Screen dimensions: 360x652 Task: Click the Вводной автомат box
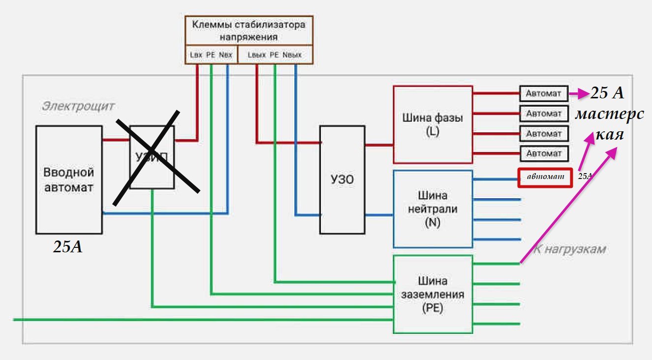coord(69,180)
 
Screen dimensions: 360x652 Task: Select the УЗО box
coord(342,180)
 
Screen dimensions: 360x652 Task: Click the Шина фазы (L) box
coord(433,124)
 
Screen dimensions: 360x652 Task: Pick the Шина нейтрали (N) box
coord(433,209)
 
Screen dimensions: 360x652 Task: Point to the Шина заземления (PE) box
coord(433,294)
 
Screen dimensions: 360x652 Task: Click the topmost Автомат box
coord(543,92)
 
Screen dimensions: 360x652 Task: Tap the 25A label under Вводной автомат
coord(68,247)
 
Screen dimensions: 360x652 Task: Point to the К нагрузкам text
coord(570,249)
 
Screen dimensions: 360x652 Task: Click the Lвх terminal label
coord(196,55)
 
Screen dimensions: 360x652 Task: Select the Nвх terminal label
coord(225,55)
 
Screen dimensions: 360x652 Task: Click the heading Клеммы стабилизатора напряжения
coord(248,30)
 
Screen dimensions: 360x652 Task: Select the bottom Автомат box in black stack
coord(543,153)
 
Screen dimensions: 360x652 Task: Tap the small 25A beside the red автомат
coord(585,176)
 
